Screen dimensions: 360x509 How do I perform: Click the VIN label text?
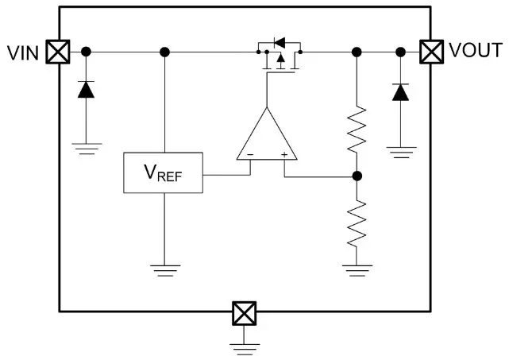tap(23, 52)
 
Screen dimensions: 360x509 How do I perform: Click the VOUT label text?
tap(475, 52)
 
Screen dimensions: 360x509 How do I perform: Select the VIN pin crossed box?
tap(56, 52)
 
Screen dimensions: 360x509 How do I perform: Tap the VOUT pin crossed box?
tap(431, 52)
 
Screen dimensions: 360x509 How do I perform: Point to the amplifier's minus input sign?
tap(250, 154)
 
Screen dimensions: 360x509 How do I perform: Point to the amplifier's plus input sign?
tap(283, 154)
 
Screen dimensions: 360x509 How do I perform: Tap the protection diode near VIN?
tap(85, 89)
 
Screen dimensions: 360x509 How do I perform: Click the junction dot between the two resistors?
tap(357, 176)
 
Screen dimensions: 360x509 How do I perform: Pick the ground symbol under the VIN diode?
tap(85, 147)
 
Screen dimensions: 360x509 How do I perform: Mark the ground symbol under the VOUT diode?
tap(402, 149)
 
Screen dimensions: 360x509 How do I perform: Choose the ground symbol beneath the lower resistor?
tap(357, 269)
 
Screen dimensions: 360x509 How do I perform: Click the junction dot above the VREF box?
tap(164, 52)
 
